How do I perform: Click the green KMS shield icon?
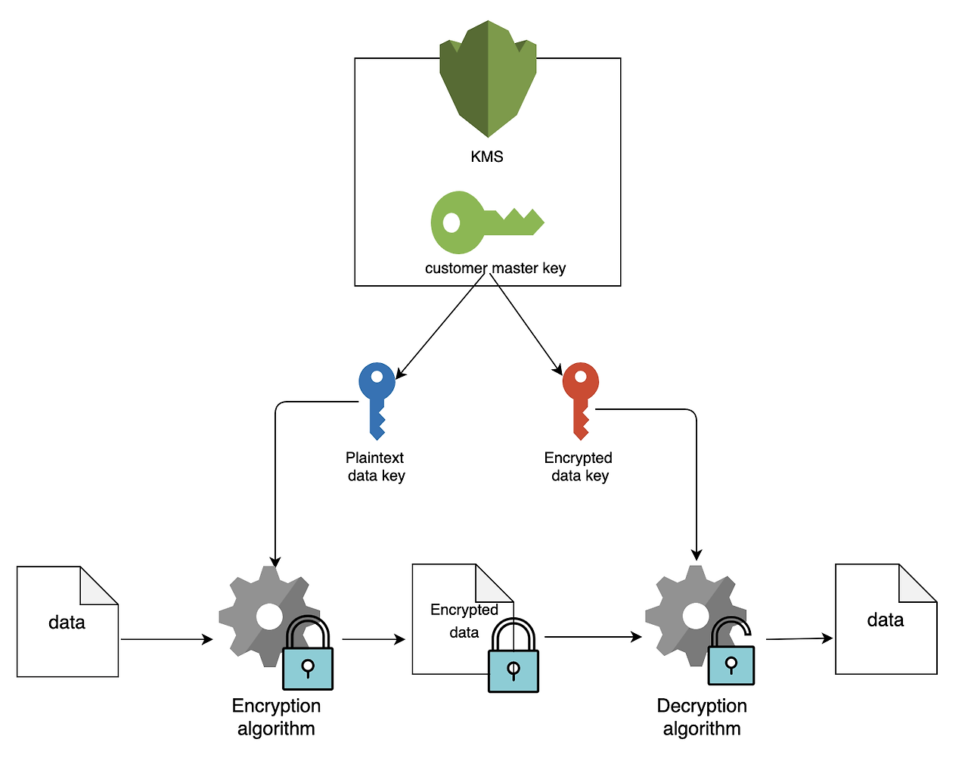(488, 79)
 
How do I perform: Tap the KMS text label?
(487, 157)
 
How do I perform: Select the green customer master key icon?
(488, 222)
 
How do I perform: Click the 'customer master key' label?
(495, 269)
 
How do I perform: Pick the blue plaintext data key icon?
(377, 401)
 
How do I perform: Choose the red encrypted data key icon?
(580, 401)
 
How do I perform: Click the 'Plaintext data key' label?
(376, 467)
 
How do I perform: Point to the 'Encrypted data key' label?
(579, 467)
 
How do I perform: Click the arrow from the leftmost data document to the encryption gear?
(166, 639)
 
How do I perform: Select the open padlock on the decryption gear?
(731, 651)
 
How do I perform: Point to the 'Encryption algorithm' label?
(276, 717)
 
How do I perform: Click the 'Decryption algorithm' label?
(702, 717)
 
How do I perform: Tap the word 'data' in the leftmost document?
(67, 623)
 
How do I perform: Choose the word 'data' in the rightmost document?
(886, 620)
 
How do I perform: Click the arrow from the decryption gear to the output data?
(799, 638)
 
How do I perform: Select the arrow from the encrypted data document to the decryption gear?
(593, 637)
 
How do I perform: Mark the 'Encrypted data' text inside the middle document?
(464, 621)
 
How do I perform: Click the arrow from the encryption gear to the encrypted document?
(374, 639)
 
